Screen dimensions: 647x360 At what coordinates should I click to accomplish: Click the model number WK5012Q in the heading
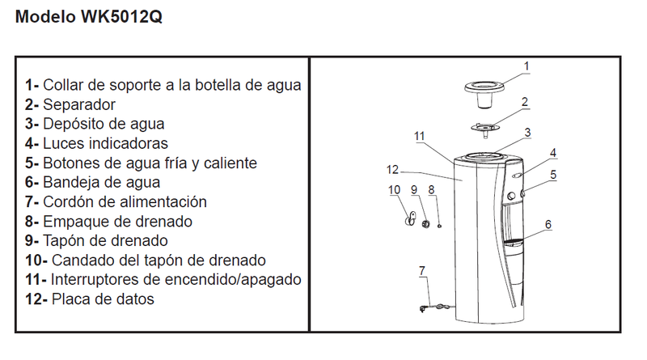pos(121,17)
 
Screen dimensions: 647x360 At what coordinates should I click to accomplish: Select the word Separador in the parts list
pos(79,105)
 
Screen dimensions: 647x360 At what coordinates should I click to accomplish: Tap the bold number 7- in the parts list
pos(32,202)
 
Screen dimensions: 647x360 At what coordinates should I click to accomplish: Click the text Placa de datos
pos(103,299)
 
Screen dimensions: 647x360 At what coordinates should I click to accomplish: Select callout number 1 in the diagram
pos(526,66)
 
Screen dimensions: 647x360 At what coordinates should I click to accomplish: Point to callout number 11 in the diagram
pos(419,136)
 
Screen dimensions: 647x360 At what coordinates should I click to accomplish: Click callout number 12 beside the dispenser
pos(392,170)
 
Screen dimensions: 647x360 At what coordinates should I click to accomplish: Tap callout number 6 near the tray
pos(548,225)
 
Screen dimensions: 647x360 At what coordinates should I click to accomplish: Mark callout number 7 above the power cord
pos(421,271)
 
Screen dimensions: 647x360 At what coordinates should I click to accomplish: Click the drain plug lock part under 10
pos(411,218)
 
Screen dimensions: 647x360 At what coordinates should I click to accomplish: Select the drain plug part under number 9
pos(425,224)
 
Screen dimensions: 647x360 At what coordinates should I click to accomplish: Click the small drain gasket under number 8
pos(439,226)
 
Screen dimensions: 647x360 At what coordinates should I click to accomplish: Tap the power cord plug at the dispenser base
pos(422,308)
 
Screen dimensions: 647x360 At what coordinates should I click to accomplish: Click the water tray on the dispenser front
pos(514,243)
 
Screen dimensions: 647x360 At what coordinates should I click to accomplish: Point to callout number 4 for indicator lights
pos(553,153)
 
